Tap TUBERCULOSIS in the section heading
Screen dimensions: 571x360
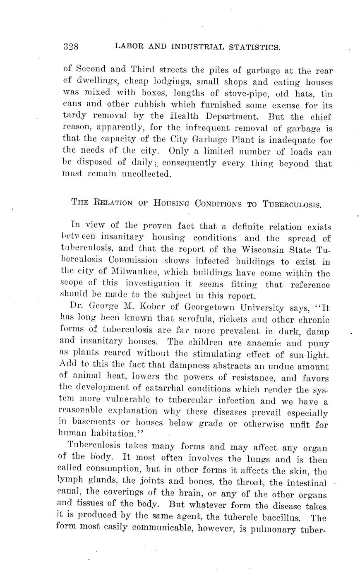click(x=292, y=204)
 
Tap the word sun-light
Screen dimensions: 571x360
click(x=309, y=355)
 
